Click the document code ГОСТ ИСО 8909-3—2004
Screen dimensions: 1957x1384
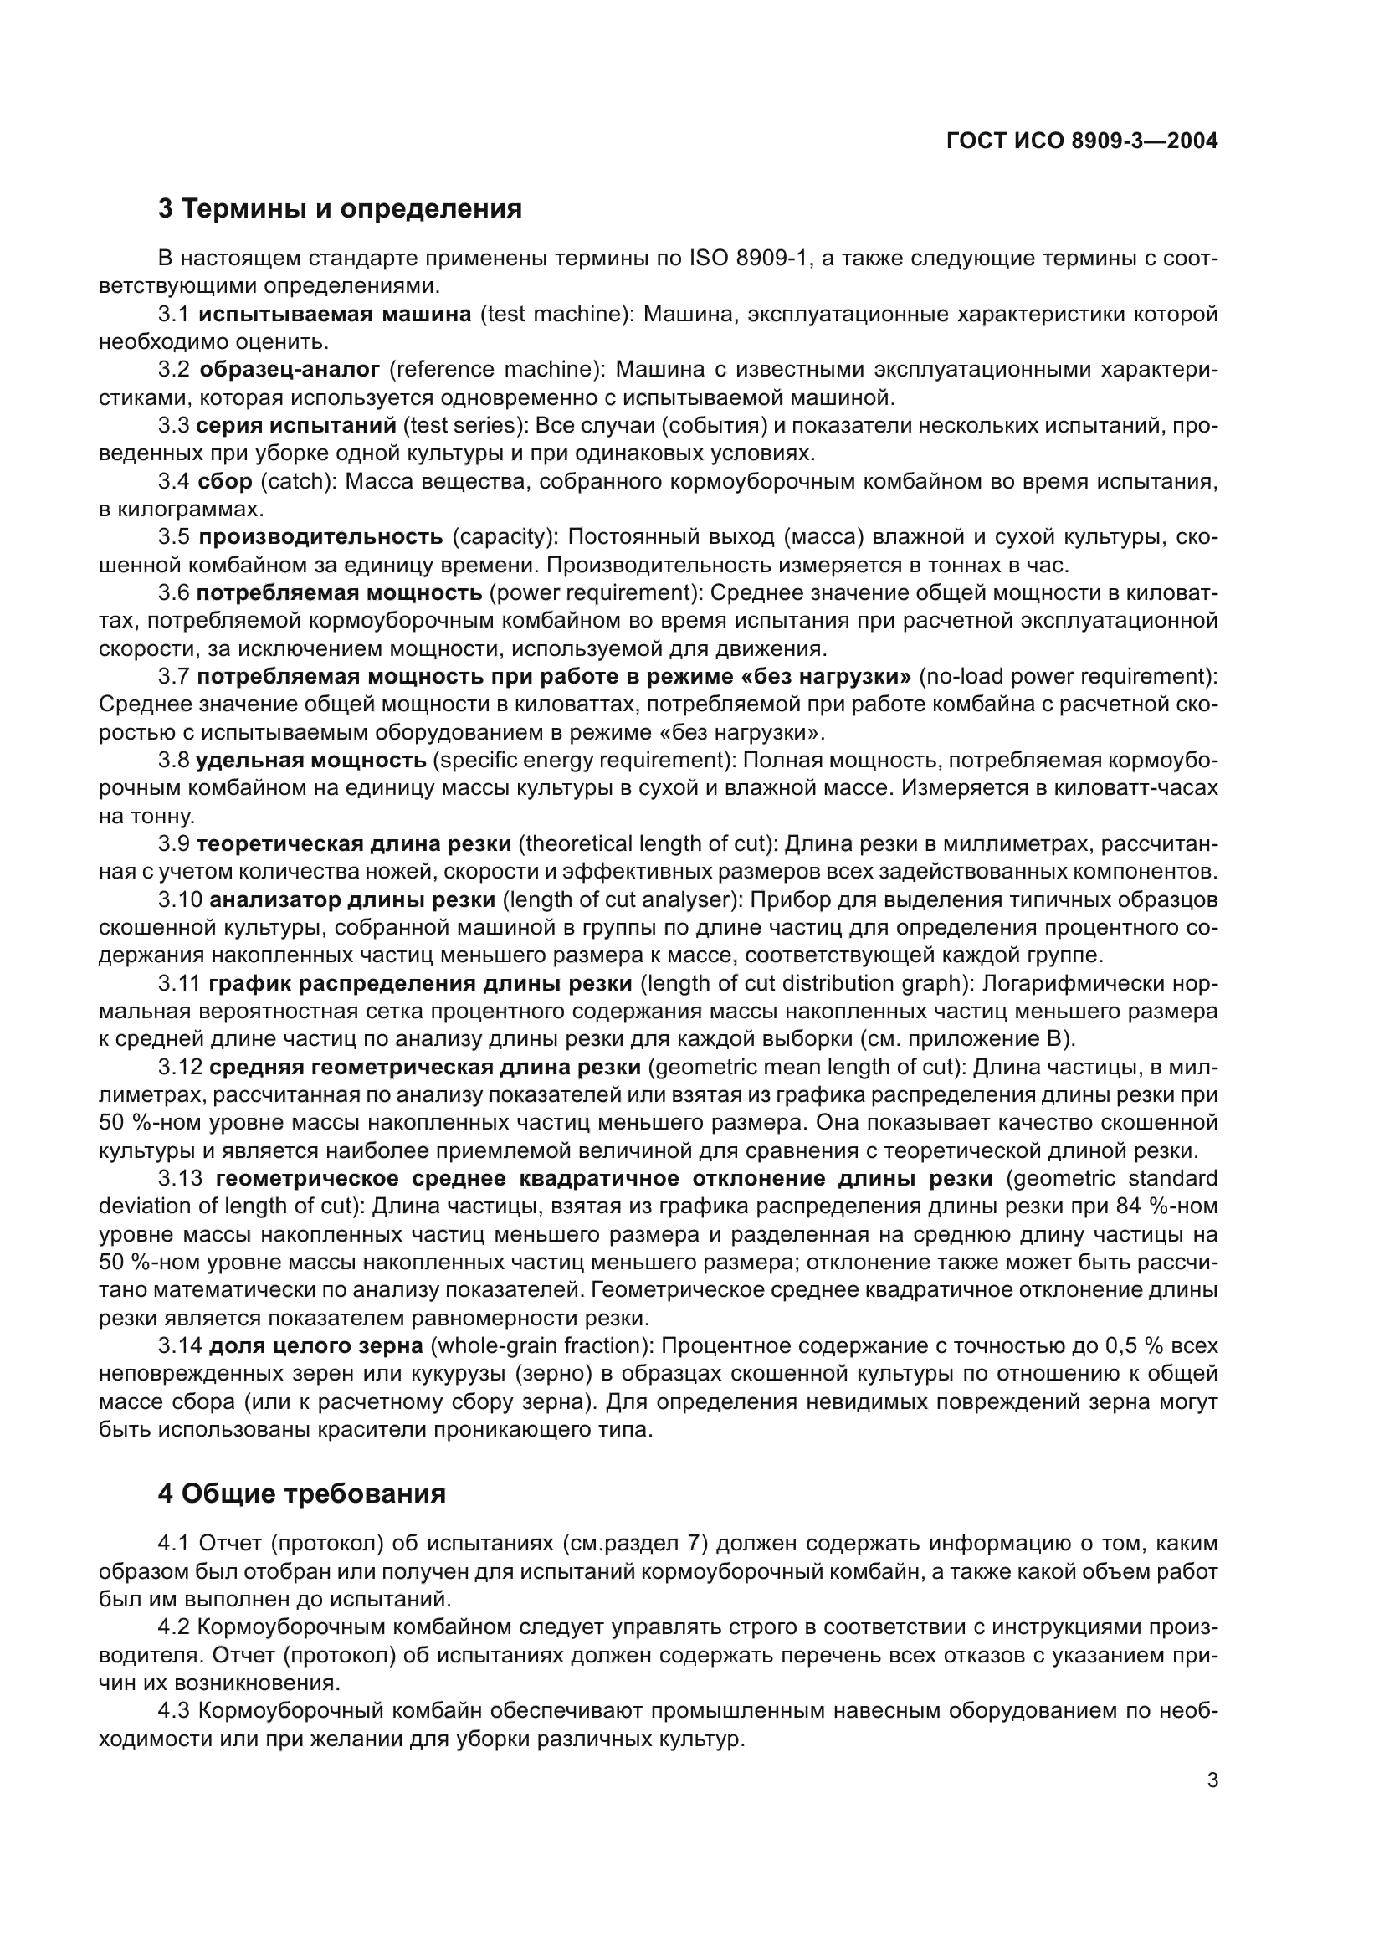(1081, 141)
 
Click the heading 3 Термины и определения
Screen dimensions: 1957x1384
(340, 209)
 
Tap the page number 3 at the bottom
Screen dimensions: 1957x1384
(1212, 1780)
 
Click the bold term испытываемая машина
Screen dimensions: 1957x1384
(335, 315)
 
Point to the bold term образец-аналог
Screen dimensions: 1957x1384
(290, 370)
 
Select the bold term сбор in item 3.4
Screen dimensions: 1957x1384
(225, 482)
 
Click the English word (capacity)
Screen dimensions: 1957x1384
(505, 537)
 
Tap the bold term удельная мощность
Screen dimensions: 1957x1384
(311, 760)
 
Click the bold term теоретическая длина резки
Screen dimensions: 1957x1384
(354, 844)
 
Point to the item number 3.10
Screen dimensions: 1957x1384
(181, 899)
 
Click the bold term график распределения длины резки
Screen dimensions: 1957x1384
(420, 984)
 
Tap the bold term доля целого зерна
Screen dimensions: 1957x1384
(316, 1346)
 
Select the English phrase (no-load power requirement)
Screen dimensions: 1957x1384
(1068, 677)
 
